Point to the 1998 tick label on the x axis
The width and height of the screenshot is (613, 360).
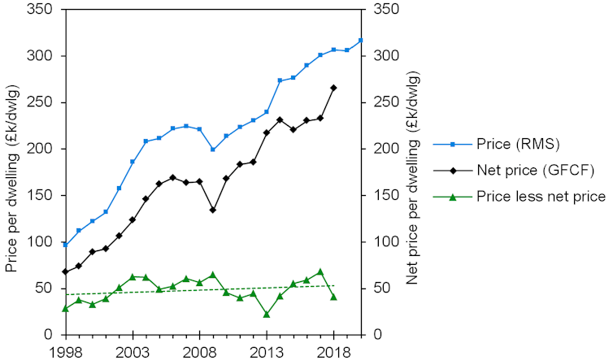pyautogui.click(x=65, y=350)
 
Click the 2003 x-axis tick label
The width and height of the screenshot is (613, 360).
pyautogui.click(x=133, y=350)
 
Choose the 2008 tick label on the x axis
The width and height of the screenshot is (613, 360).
pyautogui.click(x=199, y=350)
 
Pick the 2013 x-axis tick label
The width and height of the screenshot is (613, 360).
pyautogui.click(x=267, y=350)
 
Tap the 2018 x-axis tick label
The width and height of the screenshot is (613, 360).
pyautogui.click(x=333, y=350)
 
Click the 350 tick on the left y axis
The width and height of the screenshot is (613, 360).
pyautogui.click(x=40, y=10)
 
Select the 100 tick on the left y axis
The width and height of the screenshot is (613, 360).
pyautogui.click(x=40, y=242)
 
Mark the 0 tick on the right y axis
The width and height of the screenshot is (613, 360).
pyautogui.click(x=378, y=335)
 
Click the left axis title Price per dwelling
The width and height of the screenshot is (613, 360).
pyautogui.click(x=12, y=172)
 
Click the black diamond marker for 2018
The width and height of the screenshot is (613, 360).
pyautogui.click(x=333, y=88)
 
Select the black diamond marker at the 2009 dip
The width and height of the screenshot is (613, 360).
pyautogui.click(x=213, y=210)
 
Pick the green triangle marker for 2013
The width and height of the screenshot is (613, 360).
pyautogui.click(x=267, y=314)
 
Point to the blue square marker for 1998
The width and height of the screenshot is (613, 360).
pyautogui.click(x=65, y=245)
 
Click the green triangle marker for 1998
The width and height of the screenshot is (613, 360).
pyautogui.click(x=65, y=308)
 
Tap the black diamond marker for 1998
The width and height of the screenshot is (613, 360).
pyautogui.click(x=65, y=271)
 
